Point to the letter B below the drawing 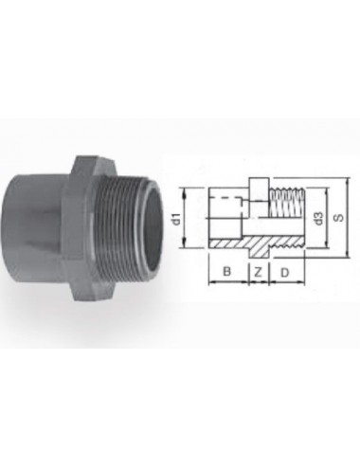coord(226,272)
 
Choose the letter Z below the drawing coord(258,272)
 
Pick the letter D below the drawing coord(284,272)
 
